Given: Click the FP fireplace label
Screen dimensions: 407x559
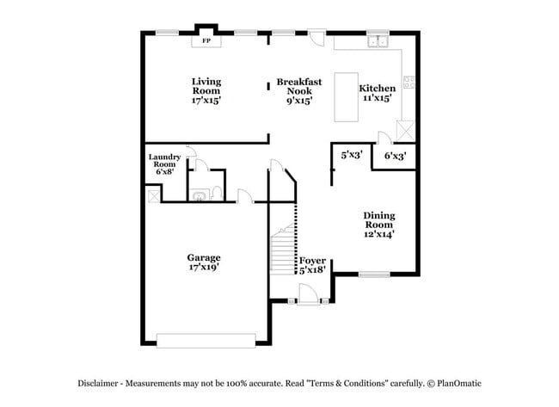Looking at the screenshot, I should point(206,40).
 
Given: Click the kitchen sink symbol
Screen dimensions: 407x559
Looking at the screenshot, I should point(377,41).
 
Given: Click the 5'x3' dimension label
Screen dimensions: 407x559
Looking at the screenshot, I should point(351,156).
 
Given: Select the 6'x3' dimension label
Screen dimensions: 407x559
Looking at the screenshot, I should point(395,156).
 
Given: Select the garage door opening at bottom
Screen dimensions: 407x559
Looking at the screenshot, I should point(206,342).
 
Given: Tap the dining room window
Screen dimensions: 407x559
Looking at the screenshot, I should point(374,274).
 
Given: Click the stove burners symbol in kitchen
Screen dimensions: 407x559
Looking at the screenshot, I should point(408,83).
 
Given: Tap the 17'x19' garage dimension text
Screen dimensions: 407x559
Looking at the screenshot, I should point(205,268).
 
